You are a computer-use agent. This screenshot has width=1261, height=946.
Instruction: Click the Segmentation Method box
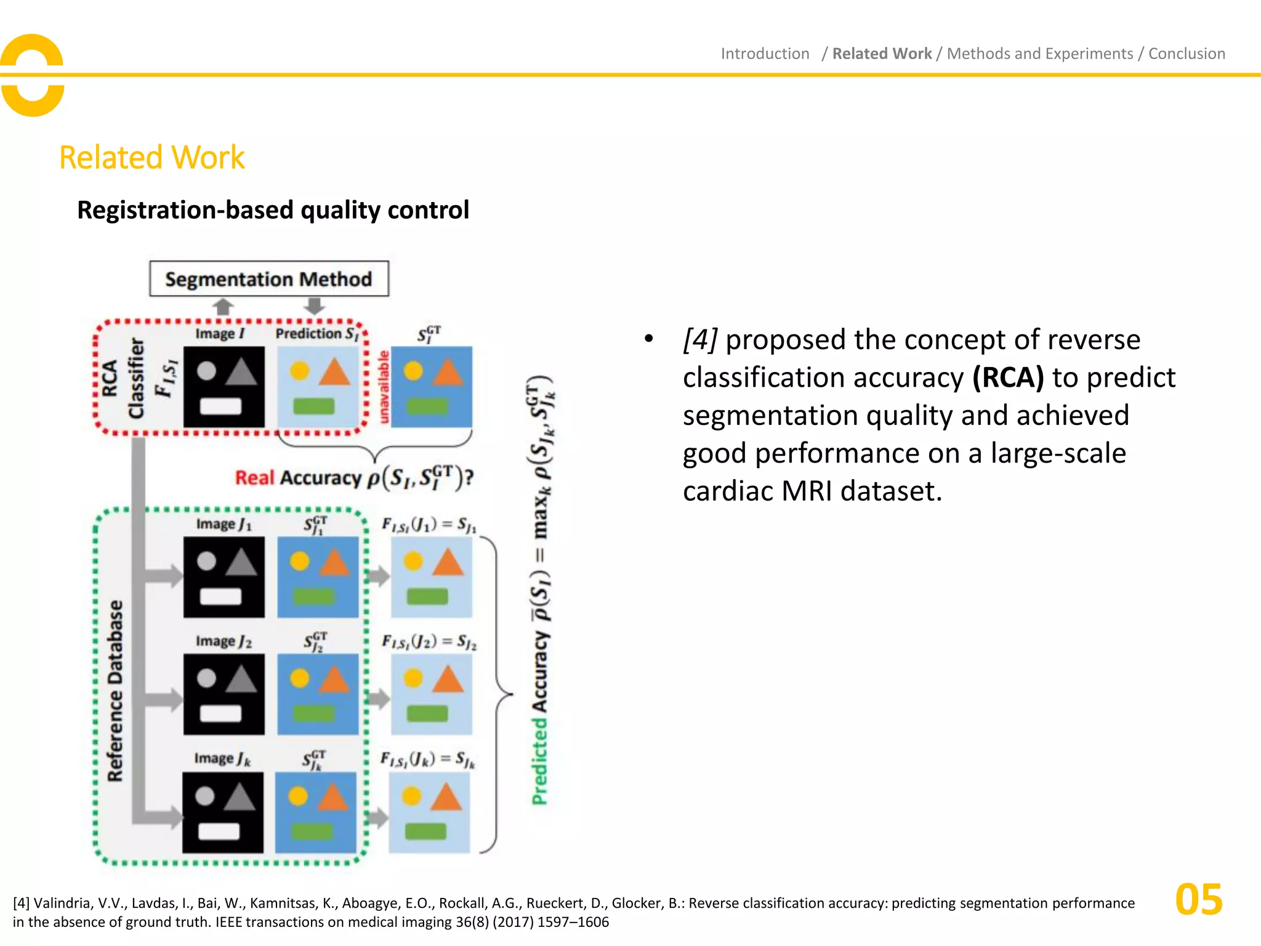tap(268, 279)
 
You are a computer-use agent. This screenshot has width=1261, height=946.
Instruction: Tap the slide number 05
tap(1198, 900)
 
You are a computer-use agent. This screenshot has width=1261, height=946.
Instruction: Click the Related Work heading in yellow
tap(151, 158)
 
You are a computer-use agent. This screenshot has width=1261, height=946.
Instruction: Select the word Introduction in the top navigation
tap(765, 54)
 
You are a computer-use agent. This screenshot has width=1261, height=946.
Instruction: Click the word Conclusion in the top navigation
tap(1186, 54)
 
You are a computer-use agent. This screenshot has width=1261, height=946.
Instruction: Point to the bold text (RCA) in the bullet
tap(1008, 378)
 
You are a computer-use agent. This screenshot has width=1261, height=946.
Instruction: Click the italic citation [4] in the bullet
tap(700, 339)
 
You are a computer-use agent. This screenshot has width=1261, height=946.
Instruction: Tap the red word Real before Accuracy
tap(254, 478)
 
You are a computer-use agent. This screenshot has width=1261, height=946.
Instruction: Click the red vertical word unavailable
tap(384, 387)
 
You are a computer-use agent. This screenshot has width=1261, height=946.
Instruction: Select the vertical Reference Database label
tap(115, 690)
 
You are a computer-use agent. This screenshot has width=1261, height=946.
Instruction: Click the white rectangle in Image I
tap(221, 406)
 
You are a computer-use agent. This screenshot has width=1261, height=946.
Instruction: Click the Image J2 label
tap(224, 641)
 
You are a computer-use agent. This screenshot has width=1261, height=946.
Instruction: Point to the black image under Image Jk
tap(223, 812)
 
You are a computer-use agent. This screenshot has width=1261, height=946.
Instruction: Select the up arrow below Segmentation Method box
tap(223, 306)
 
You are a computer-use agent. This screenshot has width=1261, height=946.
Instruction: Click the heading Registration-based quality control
tap(273, 210)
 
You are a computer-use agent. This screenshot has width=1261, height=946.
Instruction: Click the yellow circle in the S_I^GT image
tap(413, 371)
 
